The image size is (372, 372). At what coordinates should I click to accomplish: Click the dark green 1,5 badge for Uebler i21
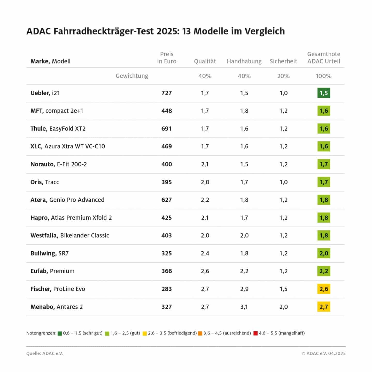[x=323, y=93]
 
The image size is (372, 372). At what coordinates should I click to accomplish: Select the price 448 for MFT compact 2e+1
[x=167, y=111]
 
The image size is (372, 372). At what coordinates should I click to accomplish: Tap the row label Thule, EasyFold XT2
[x=58, y=129]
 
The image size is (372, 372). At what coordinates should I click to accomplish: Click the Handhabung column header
[x=244, y=61]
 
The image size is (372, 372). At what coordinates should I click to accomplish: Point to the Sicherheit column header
[x=283, y=61]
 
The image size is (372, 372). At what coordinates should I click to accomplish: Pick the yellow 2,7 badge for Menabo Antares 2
[x=323, y=307]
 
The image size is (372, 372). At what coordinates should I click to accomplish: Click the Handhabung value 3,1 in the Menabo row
[x=244, y=307]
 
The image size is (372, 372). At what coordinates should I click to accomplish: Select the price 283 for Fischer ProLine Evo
[x=167, y=289]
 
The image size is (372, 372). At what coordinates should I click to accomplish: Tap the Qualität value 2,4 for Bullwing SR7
[x=205, y=253]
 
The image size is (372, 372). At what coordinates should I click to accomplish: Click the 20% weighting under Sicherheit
[x=283, y=76]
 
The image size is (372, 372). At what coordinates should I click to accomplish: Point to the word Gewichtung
[x=132, y=76]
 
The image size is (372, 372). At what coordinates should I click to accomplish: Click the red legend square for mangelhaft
[x=255, y=333]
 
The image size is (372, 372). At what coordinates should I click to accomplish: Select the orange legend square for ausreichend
[x=200, y=333]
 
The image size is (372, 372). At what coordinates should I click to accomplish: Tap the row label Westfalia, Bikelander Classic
[x=70, y=235]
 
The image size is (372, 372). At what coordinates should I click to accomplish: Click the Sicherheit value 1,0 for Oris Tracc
[x=283, y=182]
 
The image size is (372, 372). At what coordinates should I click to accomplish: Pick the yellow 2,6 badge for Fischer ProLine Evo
[x=323, y=289]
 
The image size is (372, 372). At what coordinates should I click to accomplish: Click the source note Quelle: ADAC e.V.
[x=44, y=353]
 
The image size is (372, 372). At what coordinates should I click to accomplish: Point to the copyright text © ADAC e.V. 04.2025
[x=323, y=353]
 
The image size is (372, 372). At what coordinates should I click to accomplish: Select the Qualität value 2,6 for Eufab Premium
[x=205, y=271]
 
